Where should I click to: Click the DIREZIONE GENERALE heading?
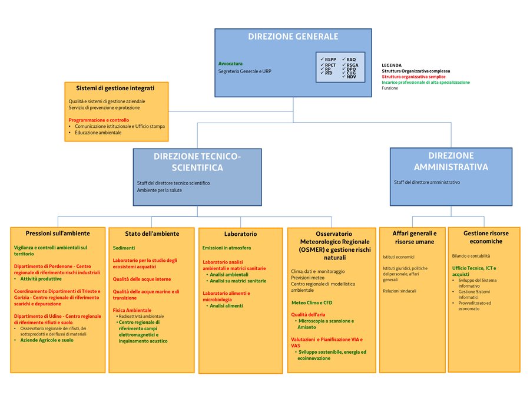coord(293,37)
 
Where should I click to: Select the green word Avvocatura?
coord(230,63)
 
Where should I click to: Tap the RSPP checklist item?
coord(330,60)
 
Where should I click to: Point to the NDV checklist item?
coord(351,77)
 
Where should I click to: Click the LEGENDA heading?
coord(392,65)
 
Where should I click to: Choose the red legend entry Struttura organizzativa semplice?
coord(413,77)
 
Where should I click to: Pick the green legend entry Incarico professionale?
coord(426,83)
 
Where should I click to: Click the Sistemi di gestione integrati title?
coord(115,88)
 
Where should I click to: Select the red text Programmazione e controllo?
coord(98,120)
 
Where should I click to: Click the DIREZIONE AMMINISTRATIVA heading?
coord(450,161)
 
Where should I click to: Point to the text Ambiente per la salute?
coord(160,190)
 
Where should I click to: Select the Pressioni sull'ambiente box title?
coord(58,233)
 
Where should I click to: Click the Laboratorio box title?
coord(240,234)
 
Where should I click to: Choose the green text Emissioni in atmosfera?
coord(226,248)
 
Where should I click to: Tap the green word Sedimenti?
coord(124,248)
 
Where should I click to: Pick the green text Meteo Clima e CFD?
coord(312,302)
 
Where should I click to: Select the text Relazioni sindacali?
coord(399,291)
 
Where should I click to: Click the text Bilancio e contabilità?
coord(471,256)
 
